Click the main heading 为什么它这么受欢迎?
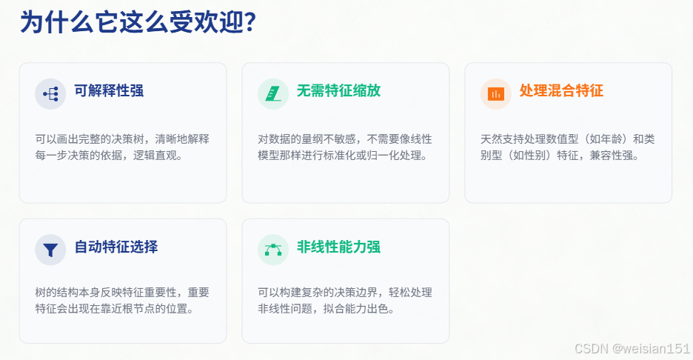pyautogui.click(x=138, y=23)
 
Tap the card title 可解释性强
pyautogui.click(x=109, y=91)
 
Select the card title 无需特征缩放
pyautogui.click(x=338, y=91)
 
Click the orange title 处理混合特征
pyautogui.click(x=561, y=91)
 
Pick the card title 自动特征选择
pyautogui.click(x=115, y=247)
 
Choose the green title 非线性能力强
pyautogui.click(x=338, y=247)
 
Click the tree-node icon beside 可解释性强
pyautogui.click(x=50, y=93)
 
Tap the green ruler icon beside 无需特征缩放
pyautogui.click(x=273, y=93)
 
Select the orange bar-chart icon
pyautogui.click(x=496, y=93)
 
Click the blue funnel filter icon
pyautogui.click(x=50, y=250)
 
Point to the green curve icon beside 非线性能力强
pyautogui.click(x=273, y=250)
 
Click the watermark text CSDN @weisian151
pyautogui.click(x=632, y=347)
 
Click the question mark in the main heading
pyautogui.click(x=250, y=23)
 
